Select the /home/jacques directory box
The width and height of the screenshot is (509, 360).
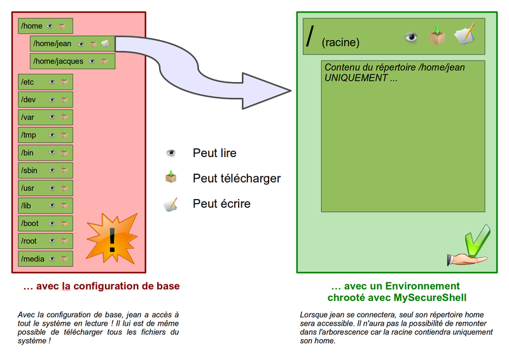coord(72,61)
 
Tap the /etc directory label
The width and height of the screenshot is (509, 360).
coord(28,82)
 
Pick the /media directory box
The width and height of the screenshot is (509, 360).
coord(45,259)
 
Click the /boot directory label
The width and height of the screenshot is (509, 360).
coord(30,224)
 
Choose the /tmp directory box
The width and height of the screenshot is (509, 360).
coord(45,135)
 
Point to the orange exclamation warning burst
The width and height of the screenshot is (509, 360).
coord(112,238)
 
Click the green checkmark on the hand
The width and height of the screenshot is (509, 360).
coord(476,241)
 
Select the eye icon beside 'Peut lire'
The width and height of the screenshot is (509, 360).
coord(171,153)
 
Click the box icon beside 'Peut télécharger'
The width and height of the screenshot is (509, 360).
coord(171,177)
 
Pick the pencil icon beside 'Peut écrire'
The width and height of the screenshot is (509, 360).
coord(171,204)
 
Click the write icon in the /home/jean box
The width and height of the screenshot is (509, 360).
coord(106,44)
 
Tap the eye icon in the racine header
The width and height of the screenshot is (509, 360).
coord(412,38)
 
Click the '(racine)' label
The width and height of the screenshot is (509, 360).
coord(340,43)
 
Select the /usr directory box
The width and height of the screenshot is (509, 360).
coord(45,188)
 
